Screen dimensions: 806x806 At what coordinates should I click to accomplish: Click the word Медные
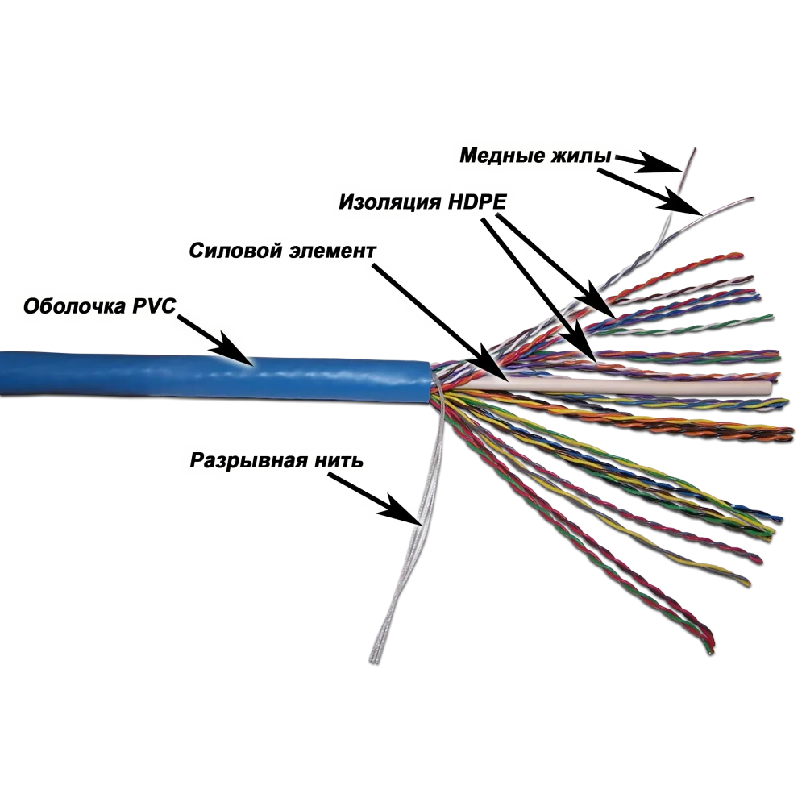tap(502, 156)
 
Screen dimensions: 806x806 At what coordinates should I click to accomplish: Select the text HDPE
tap(477, 201)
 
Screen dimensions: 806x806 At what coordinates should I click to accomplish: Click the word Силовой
tap(235, 251)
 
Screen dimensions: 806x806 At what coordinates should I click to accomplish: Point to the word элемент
tap(333, 251)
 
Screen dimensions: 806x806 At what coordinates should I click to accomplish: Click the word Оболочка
tap(74, 306)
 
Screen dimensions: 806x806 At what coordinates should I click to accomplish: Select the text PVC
tap(154, 305)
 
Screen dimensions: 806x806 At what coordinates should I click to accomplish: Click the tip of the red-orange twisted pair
tap(741, 255)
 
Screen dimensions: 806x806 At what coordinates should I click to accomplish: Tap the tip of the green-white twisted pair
tap(771, 316)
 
